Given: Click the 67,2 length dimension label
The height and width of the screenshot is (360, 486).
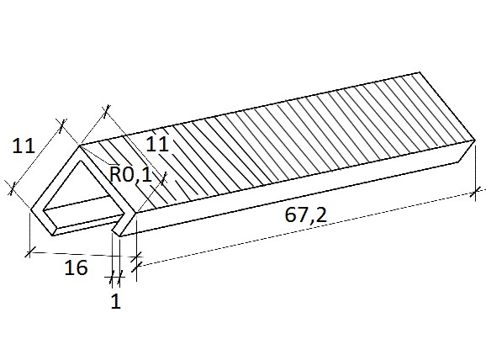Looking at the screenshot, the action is pyautogui.click(x=305, y=214).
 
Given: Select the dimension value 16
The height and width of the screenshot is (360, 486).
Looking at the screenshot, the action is pyautogui.click(x=76, y=267).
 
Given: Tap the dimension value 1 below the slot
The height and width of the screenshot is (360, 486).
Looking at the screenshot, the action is pyautogui.click(x=115, y=301).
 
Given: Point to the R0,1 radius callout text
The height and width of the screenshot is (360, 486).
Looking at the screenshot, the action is pyautogui.click(x=131, y=175).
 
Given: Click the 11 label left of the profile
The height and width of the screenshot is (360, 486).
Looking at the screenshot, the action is pyautogui.click(x=24, y=146).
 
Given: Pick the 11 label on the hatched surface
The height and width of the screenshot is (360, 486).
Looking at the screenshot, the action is pyautogui.click(x=157, y=144).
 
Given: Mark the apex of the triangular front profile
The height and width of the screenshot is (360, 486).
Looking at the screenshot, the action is pyautogui.click(x=80, y=146).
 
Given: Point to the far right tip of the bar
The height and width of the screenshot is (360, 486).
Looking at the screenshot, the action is pyautogui.click(x=475, y=140).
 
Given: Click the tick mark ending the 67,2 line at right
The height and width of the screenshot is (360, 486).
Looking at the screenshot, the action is pyautogui.click(x=473, y=193).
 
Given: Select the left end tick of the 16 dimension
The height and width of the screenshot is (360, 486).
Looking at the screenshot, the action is pyautogui.click(x=29, y=251).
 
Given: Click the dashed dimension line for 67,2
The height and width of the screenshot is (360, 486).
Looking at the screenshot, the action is pyautogui.click(x=305, y=230).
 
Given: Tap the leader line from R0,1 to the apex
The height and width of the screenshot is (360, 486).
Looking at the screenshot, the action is pyautogui.click(x=97, y=155).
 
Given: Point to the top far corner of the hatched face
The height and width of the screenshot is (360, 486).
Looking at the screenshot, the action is pyautogui.click(x=420, y=72).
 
